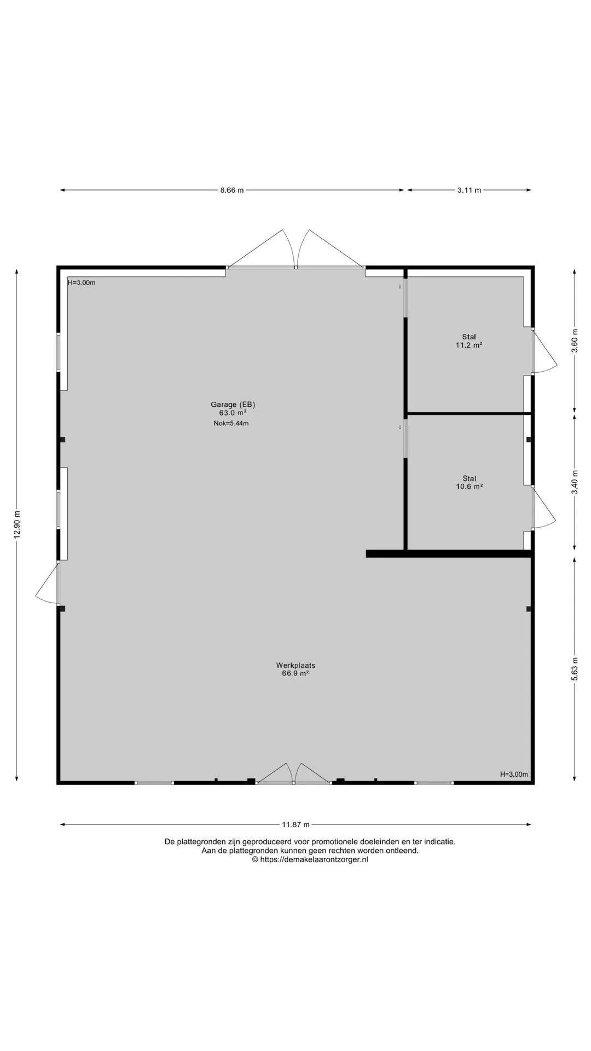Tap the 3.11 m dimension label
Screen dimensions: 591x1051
point(470,190)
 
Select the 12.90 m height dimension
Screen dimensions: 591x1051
point(17,524)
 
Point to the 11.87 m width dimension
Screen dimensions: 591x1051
point(296,824)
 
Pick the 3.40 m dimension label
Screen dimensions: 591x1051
point(575,482)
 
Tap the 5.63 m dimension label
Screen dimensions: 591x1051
point(575,669)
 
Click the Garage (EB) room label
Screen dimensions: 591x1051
point(233,405)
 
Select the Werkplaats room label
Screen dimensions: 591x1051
point(296,666)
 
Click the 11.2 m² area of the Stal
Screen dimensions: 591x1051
point(469,345)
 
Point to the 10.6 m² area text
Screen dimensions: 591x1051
point(469,486)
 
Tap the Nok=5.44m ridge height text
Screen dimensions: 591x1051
point(231,423)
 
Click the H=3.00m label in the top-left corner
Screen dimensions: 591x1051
point(82,283)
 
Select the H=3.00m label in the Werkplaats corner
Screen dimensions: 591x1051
point(514,775)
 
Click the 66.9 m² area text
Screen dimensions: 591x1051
point(296,674)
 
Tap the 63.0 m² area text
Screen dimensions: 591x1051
point(233,413)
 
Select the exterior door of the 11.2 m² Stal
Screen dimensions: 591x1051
point(544,351)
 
